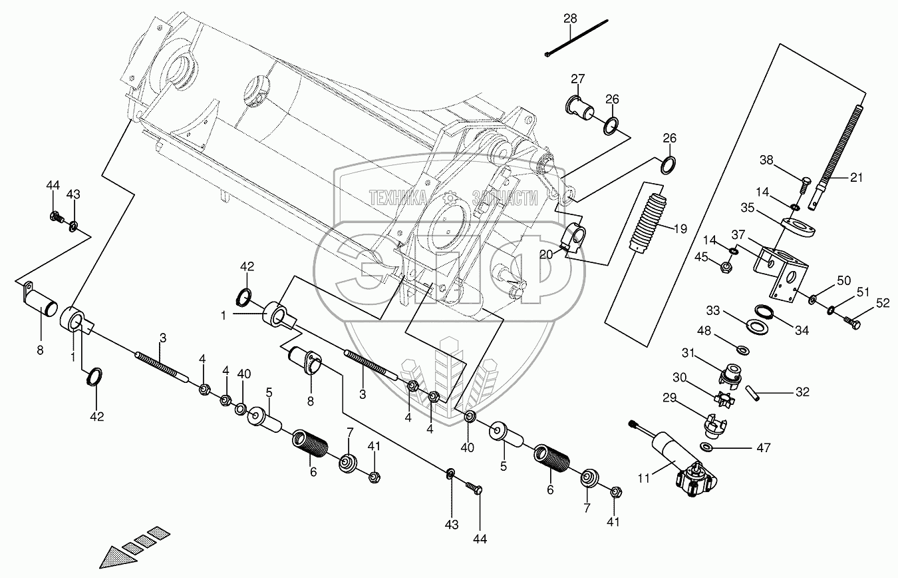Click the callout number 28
coord(571,18)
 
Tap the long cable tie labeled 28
coord(576,39)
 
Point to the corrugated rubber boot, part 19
coord(651,221)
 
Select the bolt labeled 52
coord(853,322)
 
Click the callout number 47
coord(763,448)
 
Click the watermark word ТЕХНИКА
coord(398,197)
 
